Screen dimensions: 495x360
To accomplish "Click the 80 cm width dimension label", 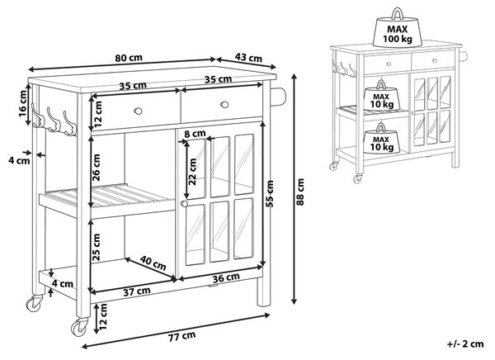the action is [129, 58].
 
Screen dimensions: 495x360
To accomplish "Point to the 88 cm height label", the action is [300, 192].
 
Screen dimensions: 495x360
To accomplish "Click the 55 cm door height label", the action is [270, 194].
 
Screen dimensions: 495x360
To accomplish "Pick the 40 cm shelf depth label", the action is [153, 263].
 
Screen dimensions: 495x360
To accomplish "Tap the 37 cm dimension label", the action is [136, 291].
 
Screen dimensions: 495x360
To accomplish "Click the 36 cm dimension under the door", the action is [226, 277].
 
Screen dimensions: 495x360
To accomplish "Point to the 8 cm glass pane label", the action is [195, 134].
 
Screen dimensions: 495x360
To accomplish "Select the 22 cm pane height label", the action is [192, 172].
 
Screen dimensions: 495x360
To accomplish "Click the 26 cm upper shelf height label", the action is [96, 168].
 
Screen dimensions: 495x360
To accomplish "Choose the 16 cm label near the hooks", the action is [23, 104].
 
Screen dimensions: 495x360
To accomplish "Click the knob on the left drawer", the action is [138, 111].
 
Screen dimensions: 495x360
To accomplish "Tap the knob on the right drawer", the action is [224, 104].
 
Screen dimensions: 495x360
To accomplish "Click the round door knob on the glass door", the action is [184, 204].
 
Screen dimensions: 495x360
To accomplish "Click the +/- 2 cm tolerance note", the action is [465, 343].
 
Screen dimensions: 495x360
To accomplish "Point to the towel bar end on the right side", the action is [279, 97].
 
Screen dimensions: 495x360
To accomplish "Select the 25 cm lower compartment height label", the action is [96, 248].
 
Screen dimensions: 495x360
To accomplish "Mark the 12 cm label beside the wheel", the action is [103, 317].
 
